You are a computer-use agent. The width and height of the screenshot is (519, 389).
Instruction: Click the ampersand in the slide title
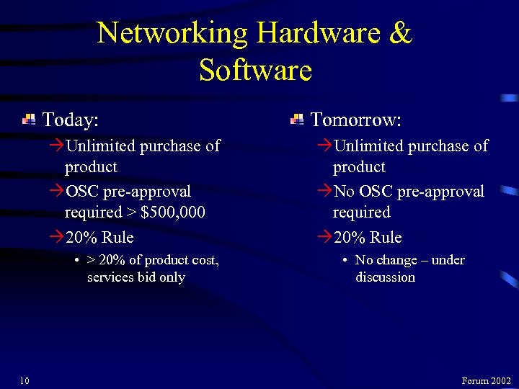point(398,33)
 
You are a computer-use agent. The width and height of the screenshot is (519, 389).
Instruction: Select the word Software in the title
point(255,71)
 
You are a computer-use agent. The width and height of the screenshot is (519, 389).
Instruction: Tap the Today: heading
point(71,118)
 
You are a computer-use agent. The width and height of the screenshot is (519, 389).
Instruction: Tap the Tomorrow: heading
point(355,118)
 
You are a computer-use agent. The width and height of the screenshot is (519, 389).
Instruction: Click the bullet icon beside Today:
point(29,120)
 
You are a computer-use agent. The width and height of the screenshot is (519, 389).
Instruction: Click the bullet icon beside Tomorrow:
point(297,120)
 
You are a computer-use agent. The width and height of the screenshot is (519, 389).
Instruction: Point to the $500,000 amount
point(173,213)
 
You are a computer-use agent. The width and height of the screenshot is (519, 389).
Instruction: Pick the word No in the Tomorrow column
point(344,192)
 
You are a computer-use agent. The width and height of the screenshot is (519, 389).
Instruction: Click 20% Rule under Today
point(99,237)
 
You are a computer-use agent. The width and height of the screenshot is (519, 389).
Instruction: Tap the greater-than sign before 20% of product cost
point(91,260)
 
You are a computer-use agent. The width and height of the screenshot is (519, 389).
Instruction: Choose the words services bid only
point(136,277)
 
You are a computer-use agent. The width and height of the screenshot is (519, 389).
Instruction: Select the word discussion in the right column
point(385,277)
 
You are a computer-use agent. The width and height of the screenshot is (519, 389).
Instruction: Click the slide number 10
point(24,380)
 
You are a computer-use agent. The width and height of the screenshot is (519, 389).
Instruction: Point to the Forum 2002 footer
point(486,380)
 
